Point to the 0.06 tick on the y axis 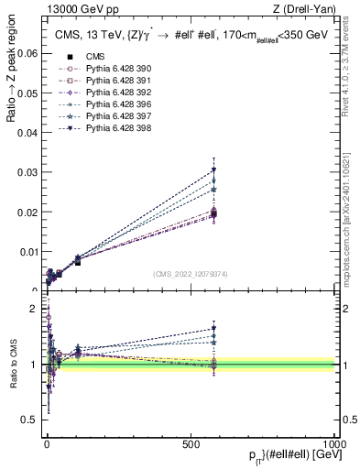click(x=27, y=54)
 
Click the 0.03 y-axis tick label click(x=27, y=172)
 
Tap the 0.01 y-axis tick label click(x=27, y=251)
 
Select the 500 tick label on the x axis click(x=191, y=442)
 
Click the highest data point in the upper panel click(x=213, y=169)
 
